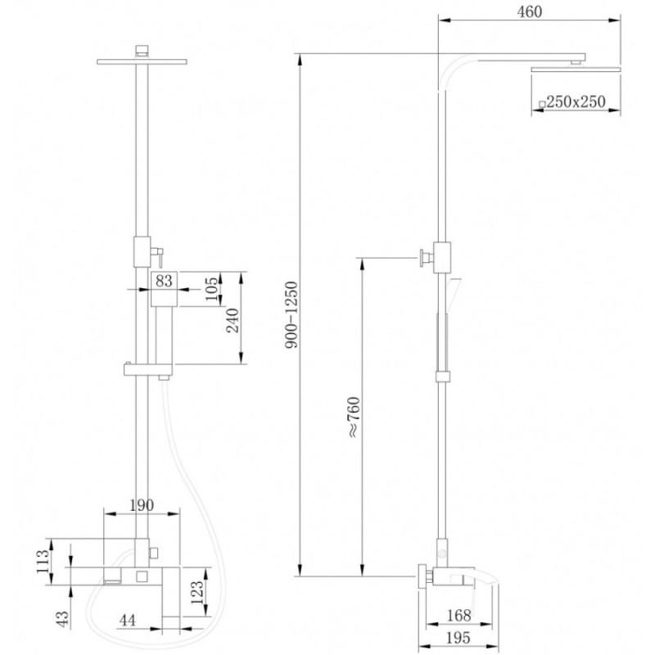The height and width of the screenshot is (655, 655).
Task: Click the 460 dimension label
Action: pos(529,11)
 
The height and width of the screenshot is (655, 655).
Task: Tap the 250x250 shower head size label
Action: pos(576,102)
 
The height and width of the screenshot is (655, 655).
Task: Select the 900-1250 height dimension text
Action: pos(292,315)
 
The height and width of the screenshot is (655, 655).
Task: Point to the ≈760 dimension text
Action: pos(354,418)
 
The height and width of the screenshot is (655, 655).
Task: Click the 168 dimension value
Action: pos(458,616)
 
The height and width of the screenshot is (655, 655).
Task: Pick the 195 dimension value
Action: pos(458,638)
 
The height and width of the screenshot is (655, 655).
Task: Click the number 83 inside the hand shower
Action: pos(164,281)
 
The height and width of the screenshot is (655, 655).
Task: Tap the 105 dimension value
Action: pos(213,289)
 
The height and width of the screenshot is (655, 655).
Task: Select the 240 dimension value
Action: pos(233,320)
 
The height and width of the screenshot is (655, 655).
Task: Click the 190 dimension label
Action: pos(141,505)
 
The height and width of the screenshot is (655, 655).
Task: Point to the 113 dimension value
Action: pos(43,562)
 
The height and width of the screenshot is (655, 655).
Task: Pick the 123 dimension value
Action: pos(196,592)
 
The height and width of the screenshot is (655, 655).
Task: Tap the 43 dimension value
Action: pos(62,619)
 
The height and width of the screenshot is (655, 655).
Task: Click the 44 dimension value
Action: pos(127,621)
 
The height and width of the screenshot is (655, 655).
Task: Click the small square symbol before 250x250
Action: pos(542,104)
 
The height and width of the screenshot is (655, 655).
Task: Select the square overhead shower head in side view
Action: pos(576,69)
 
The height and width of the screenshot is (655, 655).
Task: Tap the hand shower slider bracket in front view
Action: pos(148,369)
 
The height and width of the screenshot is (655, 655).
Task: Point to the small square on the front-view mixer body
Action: pos(142,577)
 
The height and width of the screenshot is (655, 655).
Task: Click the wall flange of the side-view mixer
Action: pos(422,576)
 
